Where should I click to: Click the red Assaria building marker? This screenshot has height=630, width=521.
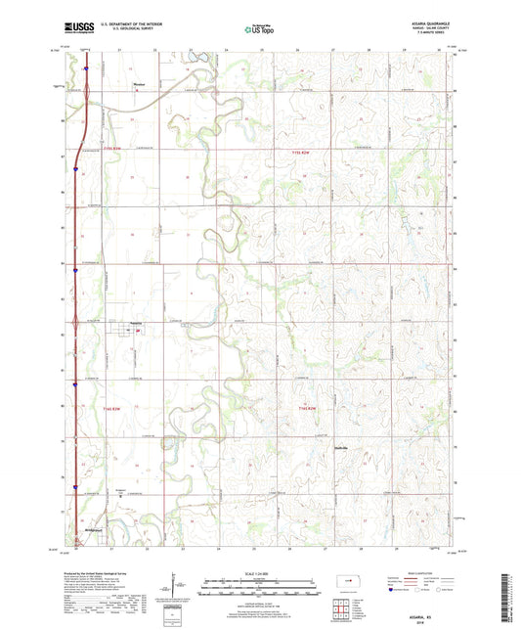138,331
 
